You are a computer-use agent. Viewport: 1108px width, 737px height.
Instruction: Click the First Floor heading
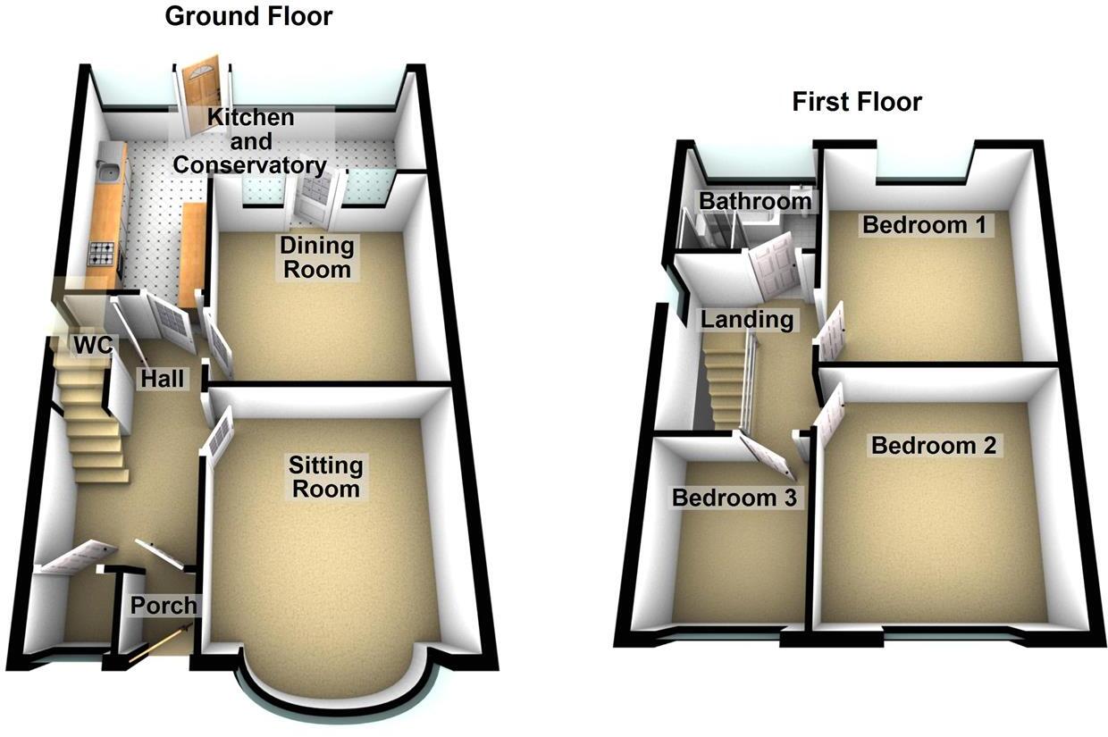(x=856, y=102)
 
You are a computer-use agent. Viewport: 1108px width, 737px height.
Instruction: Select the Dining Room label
(x=317, y=256)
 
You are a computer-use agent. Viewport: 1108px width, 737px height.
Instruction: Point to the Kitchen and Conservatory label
(x=249, y=141)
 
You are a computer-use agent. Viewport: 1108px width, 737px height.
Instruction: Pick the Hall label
(x=162, y=379)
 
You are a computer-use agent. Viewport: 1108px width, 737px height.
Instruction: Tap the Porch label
(x=164, y=605)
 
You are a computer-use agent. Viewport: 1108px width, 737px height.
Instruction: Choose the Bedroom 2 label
(x=934, y=444)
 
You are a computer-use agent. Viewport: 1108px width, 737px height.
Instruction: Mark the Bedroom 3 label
(x=734, y=498)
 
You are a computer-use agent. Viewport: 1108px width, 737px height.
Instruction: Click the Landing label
(x=746, y=319)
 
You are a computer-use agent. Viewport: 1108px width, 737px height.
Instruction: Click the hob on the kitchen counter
(x=101, y=254)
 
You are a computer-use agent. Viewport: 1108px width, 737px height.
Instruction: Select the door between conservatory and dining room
(x=315, y=197)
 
